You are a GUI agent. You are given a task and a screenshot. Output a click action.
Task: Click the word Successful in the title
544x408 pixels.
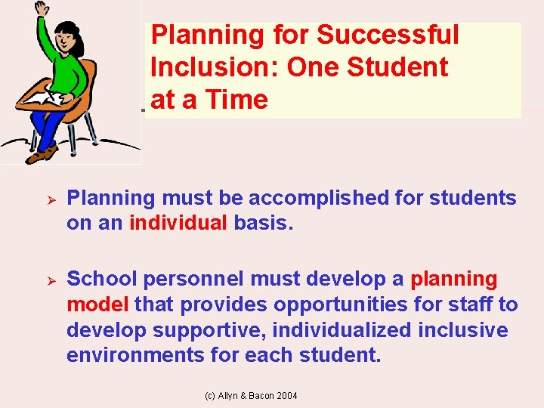click(x=388, y=35)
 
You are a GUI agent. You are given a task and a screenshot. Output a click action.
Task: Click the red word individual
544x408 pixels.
click(x=178, y=224)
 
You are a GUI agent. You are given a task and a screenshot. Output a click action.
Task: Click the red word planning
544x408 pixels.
click(x=453, y=279)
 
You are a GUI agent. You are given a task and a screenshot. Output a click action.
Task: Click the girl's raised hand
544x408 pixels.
click(x=42, y=9)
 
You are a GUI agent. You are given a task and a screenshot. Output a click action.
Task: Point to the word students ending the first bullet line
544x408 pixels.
click(x=473, y=198)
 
